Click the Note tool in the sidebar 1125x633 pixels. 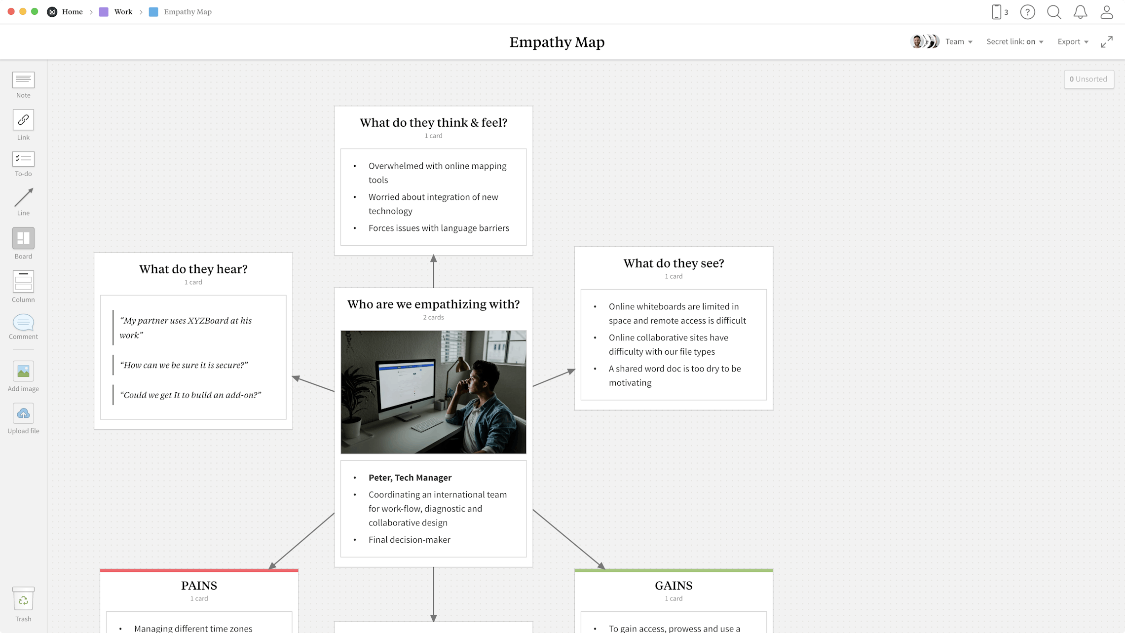click(x=23, y=80)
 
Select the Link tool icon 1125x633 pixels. click(x=23, y=120)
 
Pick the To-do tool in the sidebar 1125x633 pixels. click(x=23, y=159)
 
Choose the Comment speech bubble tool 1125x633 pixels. click(x=23, y=323)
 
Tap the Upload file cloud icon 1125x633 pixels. click(x=23, y=413)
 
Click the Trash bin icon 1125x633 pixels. click(x=23, y=599)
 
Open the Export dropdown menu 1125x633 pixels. click(x=1072, y=42)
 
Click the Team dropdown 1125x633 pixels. click(x=958, y=42)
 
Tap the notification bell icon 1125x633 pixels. click(x=1080, y=12)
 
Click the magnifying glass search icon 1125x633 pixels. click(x=1053, y=12)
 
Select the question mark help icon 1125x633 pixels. click(x=1027, y=12)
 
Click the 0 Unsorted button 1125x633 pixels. click(x=1088, y=79)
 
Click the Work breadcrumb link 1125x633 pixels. click(x=123, y=12)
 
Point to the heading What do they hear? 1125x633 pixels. click(x=193, y=269)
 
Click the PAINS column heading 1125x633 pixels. click(x=199, y=586)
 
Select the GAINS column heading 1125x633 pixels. click(x=674, y=586)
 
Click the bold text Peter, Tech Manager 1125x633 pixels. click(x=410, y=478)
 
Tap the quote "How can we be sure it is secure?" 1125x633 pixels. click(x=184, y=365)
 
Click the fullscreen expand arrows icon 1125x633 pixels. click(x=1107, y=42)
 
